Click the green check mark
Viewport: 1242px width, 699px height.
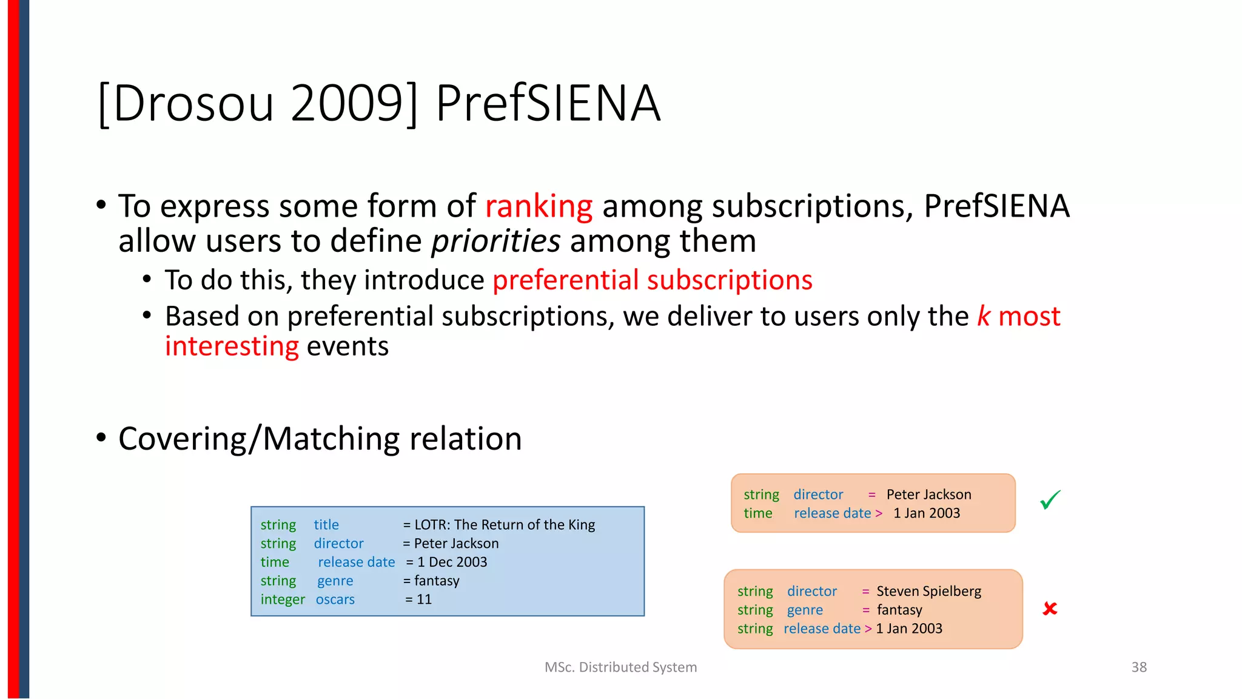point(1050,500)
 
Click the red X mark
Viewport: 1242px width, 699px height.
point(1050,609)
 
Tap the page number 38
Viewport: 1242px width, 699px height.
point(1139,667)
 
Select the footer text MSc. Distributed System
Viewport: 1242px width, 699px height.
point(620,667)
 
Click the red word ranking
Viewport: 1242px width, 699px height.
point(539,206)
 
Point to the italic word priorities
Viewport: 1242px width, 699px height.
point(495,241)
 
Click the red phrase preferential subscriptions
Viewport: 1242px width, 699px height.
point(652,280)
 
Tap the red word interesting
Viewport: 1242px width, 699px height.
point(232,346)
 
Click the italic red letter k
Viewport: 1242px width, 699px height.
point(983,316)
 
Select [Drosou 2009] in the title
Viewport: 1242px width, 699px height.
point(258,103)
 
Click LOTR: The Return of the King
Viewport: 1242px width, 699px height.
point(505,525)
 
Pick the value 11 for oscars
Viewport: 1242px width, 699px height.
point(425,599)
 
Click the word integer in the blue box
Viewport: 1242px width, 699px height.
point(283,599)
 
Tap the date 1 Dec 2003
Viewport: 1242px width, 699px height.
point(452,562)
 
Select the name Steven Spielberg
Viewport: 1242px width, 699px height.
point(928,591)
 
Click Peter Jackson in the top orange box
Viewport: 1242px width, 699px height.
point(928,495)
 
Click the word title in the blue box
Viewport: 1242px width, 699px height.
point(326,525)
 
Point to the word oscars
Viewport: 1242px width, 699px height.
point(335,599)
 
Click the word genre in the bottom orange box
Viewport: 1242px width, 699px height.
point(805,610)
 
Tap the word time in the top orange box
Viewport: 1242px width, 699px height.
point(758,513)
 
